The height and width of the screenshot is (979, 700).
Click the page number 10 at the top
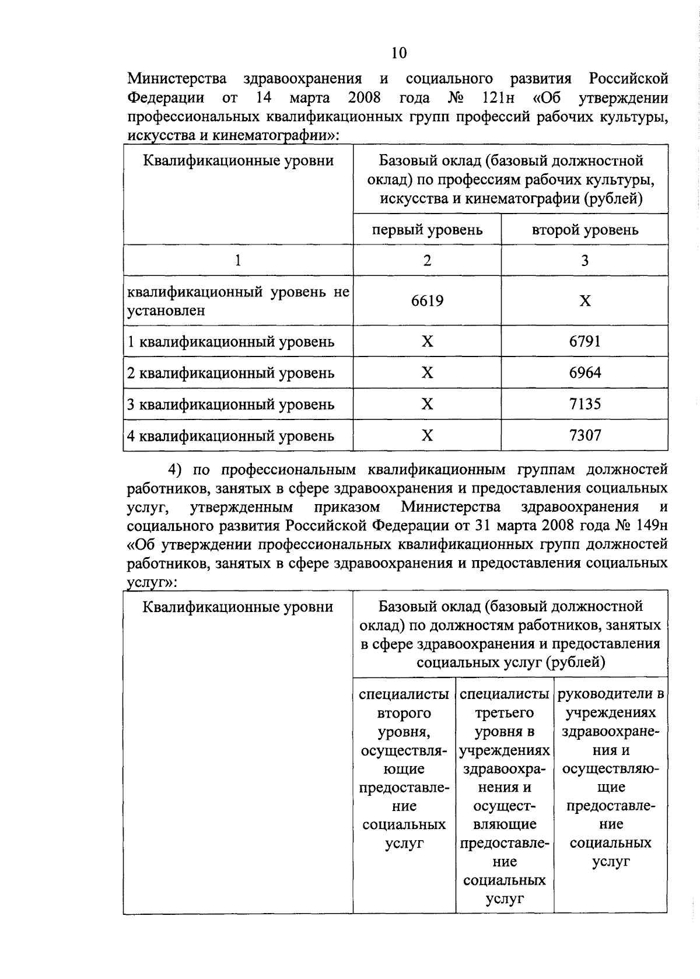click(399, 53)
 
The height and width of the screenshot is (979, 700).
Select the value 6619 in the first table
click(427, 300)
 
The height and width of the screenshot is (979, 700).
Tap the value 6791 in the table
click(584, 341)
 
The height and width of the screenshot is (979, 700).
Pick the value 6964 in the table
click(584, 372)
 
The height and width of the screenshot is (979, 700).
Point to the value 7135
click(584, 404)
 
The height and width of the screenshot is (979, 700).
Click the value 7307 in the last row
click(584, 435)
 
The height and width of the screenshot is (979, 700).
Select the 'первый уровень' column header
click(427, 229)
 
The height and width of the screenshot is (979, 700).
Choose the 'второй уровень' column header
click(584, 229)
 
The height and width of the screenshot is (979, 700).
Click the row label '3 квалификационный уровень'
click(231, 404)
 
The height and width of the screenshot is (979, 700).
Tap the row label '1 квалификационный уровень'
click(231, 342)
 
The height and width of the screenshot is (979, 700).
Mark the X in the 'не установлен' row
click(584, 300)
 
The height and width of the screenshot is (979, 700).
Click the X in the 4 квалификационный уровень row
click(427, 436)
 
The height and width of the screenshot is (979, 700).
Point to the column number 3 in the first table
click(584, 260)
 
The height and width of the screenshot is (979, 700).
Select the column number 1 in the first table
click(238, 260)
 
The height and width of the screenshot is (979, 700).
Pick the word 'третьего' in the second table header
click(505, 712)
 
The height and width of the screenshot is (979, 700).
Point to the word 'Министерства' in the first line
click(177, 78)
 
